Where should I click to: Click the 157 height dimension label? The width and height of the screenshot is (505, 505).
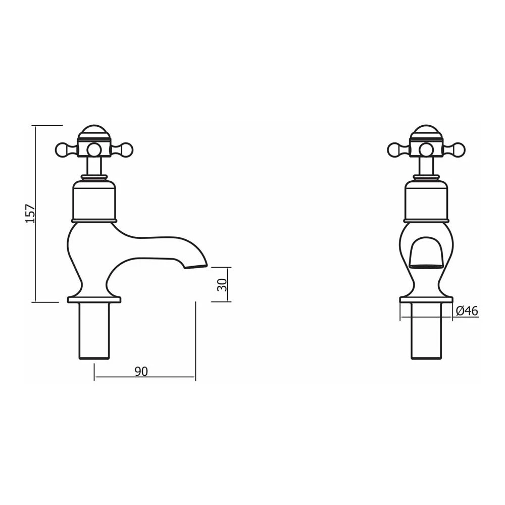coord(30,214)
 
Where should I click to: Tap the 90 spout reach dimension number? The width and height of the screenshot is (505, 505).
coord(141,371)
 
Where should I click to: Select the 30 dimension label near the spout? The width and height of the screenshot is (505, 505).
coord(221,284)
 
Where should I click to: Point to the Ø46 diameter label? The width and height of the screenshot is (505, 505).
coord(466,311)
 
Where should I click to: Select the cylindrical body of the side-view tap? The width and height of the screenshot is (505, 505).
coord(94,199)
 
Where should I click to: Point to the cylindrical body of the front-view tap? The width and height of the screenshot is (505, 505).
coord(426,199)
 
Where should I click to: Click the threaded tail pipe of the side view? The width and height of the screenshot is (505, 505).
coord(94,331)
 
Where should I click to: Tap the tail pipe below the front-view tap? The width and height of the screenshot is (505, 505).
coord(426,331)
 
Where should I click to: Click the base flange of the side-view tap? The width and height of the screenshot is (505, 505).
coord(94,299)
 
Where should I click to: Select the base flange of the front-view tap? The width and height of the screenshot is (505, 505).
coord(426,299)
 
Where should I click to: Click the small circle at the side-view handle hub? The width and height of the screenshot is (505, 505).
coord(94,149)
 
